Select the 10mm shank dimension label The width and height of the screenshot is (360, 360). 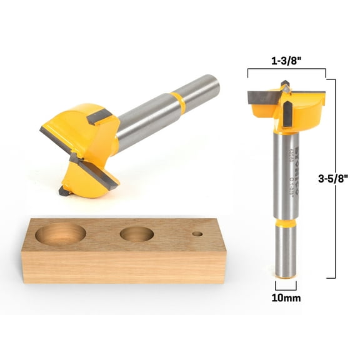286,298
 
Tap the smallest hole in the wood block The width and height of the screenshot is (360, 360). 198,234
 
